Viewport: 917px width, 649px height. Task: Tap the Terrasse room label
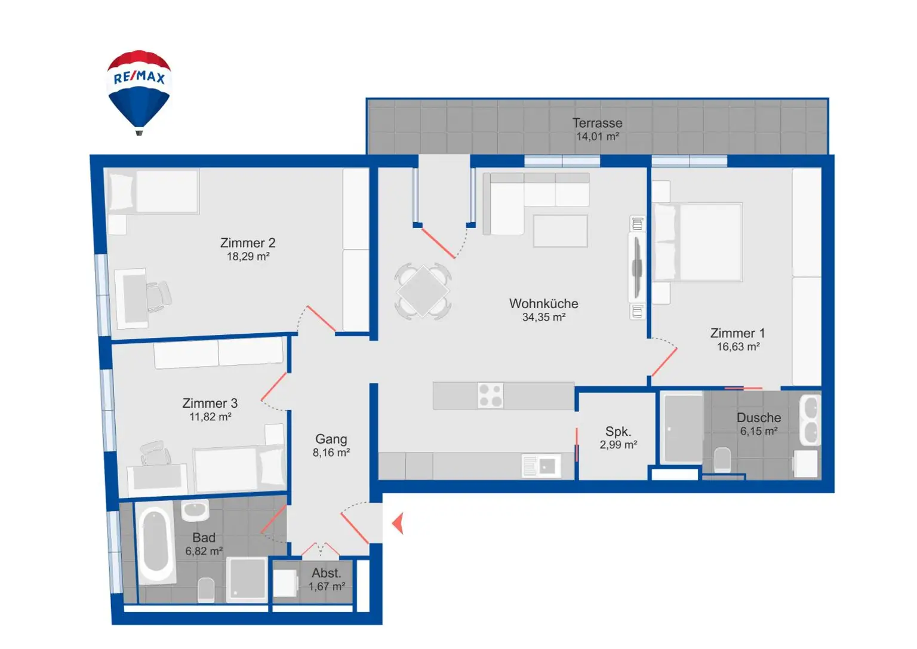click(597, 123)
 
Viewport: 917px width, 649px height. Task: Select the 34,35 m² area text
click(543, 318)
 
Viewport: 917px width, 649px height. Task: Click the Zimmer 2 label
click(248, 243)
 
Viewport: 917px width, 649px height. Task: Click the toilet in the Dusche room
click(722, 459)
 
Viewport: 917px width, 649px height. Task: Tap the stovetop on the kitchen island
click(490, 395)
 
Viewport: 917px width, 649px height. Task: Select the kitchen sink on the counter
click(541, 466)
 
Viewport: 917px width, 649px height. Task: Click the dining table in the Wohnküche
click(423, 291)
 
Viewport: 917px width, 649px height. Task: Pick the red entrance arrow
click(398, 524)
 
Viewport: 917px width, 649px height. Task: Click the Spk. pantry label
click(618, 431)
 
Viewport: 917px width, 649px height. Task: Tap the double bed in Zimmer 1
click(698, 242)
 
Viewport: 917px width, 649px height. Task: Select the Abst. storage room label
click(326, 573)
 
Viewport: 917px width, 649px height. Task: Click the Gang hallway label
click(331, 439)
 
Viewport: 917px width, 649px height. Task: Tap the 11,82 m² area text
click(210, 417)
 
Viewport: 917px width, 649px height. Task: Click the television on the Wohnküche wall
click(637, 267)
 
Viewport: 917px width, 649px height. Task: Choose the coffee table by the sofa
click(560, 230)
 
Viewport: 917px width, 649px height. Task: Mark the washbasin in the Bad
click(195, 510)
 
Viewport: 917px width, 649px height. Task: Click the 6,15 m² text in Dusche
click(758, 431)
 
